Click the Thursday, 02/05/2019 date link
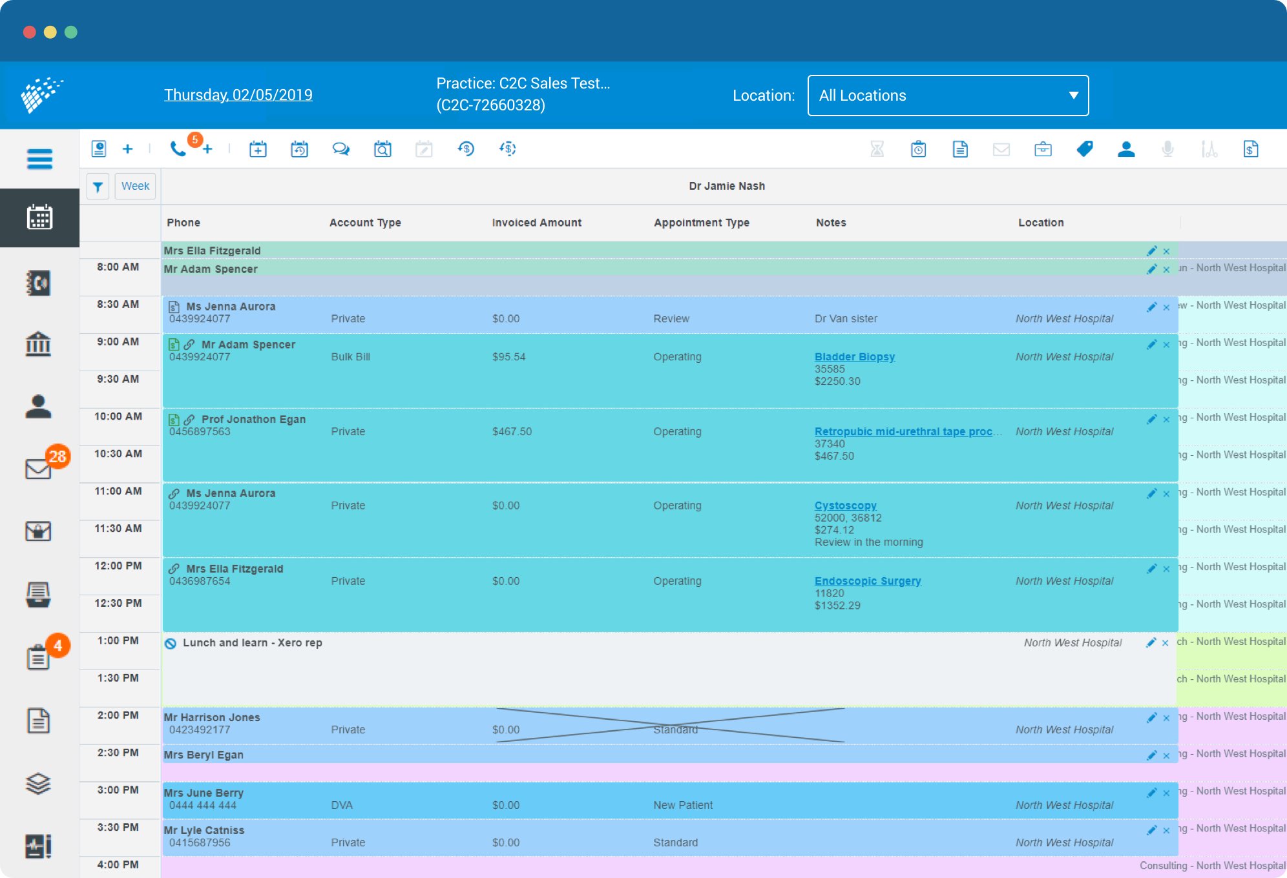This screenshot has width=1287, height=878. (238, 95)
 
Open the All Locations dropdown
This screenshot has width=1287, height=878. (947, 96)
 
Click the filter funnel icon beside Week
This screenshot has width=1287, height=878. (98, 187)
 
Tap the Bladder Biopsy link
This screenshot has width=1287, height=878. (854, 356)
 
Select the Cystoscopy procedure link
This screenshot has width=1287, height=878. (845, 505)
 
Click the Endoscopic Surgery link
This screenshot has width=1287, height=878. (867, 581)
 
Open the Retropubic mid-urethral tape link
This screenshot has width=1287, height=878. (903, 431)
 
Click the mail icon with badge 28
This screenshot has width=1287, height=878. (39, 468)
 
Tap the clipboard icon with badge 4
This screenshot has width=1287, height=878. (39, 657)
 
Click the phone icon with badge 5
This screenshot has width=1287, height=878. (178, 149)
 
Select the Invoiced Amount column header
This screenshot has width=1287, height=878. (536, 223)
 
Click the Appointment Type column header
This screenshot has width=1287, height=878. (701, 223)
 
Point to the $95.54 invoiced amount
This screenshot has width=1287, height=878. (508, 357)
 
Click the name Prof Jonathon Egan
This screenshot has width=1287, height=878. (253, 420)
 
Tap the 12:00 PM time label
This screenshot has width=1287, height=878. (118, 566)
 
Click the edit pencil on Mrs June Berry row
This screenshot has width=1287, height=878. (1151, 793)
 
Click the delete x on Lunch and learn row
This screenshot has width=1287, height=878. (1165, 643)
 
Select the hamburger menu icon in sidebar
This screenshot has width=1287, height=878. (39, 159)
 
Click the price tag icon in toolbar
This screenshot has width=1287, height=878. (1085, 149)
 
